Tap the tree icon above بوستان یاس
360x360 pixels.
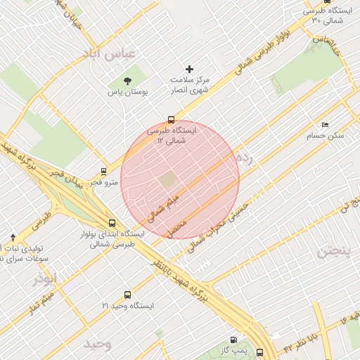point(127,81)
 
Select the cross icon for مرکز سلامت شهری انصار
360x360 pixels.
point(188,69)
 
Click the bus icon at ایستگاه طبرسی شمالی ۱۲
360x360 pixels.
point(172,120)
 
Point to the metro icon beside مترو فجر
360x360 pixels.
point(104,171)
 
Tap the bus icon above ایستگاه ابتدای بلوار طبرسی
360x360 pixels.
point(112,223)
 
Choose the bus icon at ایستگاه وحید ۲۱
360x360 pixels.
point(127,295)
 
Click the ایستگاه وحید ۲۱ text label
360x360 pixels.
point(127,307)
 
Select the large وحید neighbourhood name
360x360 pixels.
point(98,344)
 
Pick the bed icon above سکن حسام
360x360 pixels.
point(324,124)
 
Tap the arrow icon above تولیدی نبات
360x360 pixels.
point(13,238)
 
